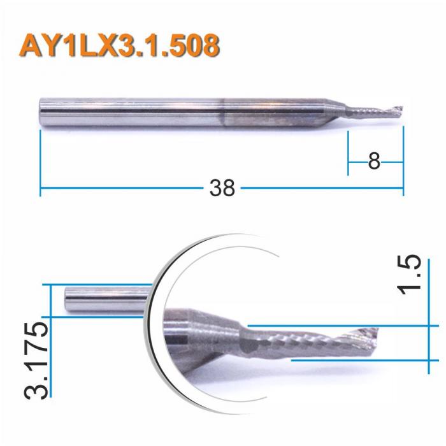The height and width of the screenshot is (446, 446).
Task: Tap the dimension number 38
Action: (222, 188)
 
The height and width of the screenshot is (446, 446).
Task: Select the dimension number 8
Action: (374, 162)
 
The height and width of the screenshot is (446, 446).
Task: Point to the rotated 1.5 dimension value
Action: (411, 275)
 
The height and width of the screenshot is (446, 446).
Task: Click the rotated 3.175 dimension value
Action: (35, 359)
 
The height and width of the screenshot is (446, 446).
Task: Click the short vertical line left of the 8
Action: (348, 153)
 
